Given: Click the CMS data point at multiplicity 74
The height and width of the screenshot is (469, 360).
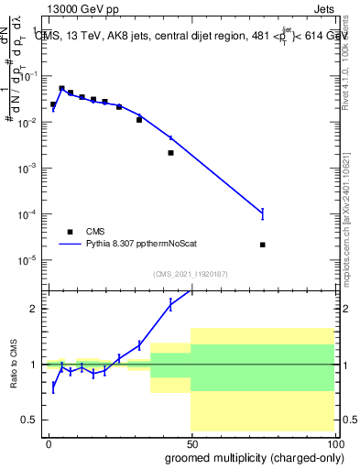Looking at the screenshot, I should pyautogui.click(x=263, y=245).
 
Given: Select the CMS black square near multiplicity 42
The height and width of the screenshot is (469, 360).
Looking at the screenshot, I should pyautogui.click(x=170, y=153).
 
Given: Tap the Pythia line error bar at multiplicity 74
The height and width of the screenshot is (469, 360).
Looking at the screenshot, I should pyautogui.click(x=263, y=213).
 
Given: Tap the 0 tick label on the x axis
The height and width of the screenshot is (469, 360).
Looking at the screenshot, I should pyautogui.click(x=49, y=442).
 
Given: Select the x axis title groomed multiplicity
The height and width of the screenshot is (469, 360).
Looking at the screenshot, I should pyautogui.click(x=249, y=456).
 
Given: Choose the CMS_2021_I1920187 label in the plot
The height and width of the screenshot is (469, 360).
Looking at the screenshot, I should pyautogui.click(x=190, y=273).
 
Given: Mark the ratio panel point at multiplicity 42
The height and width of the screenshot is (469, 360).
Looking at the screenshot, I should pyautogui.click(x=170, y=306).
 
